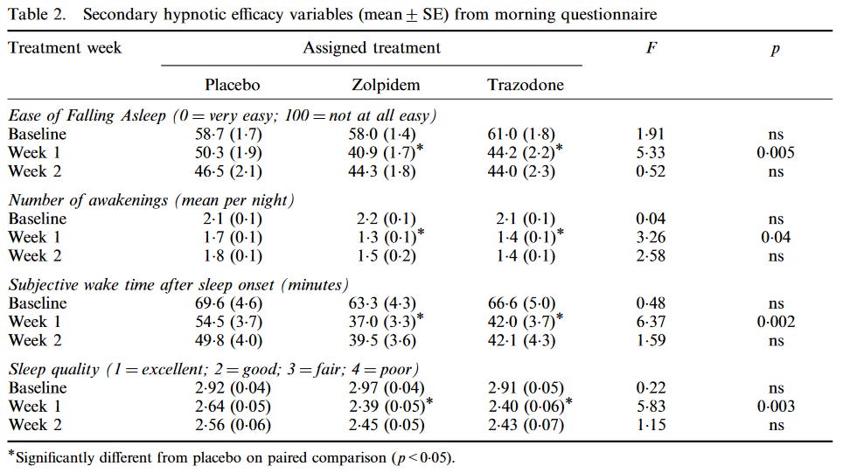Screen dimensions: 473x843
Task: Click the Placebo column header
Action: click(233, 85)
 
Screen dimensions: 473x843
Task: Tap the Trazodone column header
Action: click(525, 85)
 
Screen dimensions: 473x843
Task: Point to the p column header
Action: click(775, 49)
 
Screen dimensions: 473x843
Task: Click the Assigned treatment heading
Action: click(372, 47)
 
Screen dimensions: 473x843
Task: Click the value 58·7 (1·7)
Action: click(232, 134)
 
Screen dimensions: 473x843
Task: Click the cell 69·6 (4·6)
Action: click(232, 304)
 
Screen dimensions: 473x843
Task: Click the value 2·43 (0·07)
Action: click(525, 424)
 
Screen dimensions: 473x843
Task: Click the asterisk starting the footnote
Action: click(11, 454)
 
